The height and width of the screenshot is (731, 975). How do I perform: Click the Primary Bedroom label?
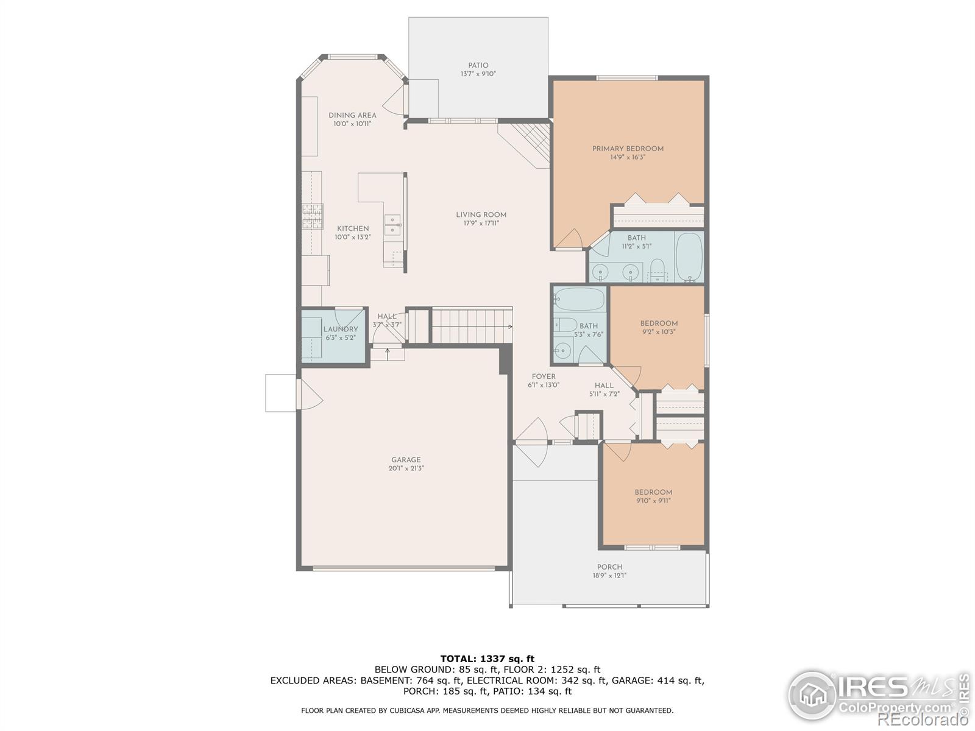click(628, 149)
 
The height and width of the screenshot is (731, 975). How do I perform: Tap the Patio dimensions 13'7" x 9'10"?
click(478, 74)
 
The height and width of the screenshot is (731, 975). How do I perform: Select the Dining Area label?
click(352, 115)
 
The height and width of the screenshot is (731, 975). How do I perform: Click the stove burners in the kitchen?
click(312, 216)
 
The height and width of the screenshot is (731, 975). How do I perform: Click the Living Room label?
click(481, 214)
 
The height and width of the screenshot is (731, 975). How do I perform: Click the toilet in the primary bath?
click(657, 270)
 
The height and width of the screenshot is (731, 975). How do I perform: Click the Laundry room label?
click(341, 330)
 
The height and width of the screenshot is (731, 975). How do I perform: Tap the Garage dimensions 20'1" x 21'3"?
click(406, 468)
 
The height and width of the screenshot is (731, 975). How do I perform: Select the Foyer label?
click(543, 376)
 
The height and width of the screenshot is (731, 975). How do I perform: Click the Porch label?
click(609, 567)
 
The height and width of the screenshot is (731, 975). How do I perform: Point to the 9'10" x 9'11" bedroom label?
click(653, 492)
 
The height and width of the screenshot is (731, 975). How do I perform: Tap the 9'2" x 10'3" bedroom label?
click(659, 323)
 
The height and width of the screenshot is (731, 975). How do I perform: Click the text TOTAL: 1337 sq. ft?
click(487, 659)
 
